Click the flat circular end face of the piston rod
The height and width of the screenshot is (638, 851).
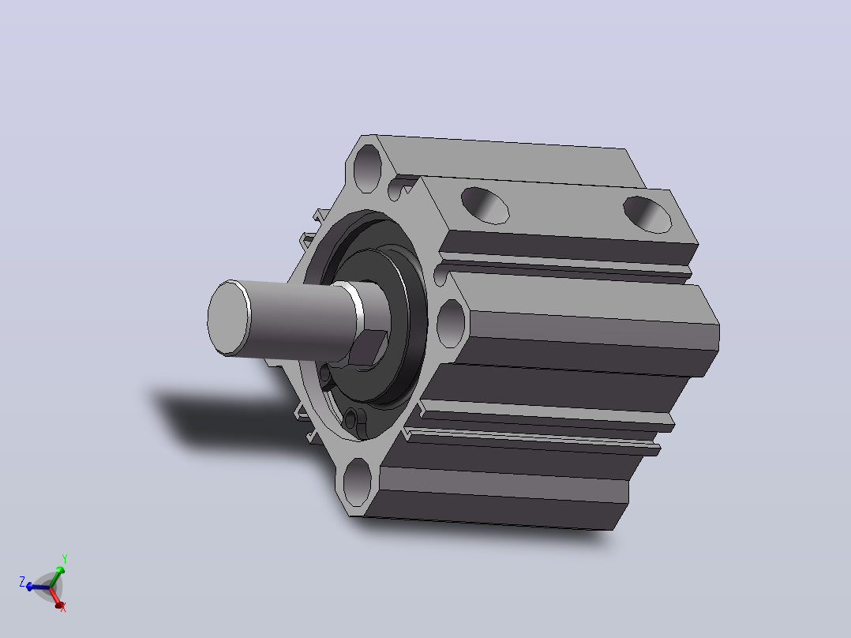tap(228, 318)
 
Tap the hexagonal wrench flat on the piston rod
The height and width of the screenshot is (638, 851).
tap(367, 347)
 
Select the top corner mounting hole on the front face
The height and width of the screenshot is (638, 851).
tap(367, 167)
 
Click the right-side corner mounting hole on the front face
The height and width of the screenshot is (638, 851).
tap(451, 323)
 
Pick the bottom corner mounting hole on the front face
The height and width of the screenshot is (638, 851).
tap(357, 483)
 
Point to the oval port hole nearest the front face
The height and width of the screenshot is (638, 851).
tap(485, 205)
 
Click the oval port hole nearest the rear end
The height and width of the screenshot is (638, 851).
tap(647, 215)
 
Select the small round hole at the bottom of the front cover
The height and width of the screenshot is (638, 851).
tap(351, 419)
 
